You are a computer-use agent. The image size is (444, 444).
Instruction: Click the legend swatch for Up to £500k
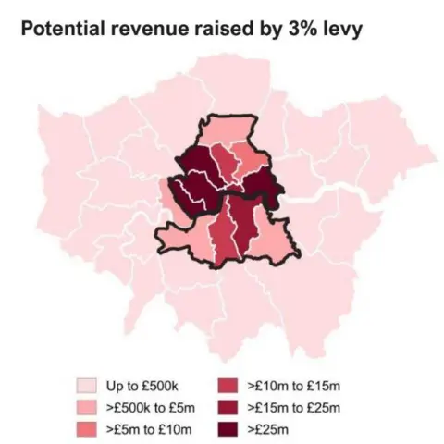[x=86, y=384]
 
